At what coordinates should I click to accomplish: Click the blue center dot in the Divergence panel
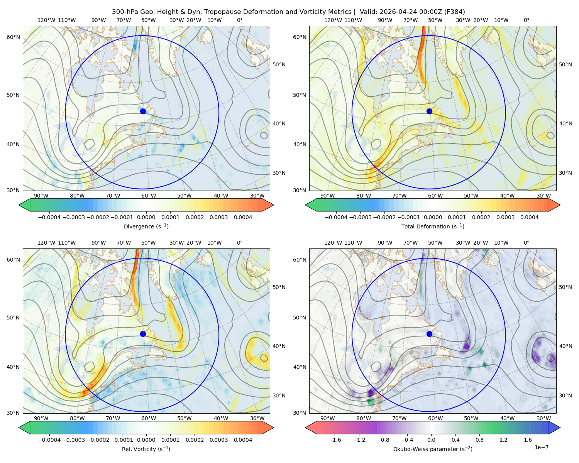pos(143,111)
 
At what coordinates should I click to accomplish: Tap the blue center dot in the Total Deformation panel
pos(429,111)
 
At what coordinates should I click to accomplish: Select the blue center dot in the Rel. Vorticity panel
pos(143,334)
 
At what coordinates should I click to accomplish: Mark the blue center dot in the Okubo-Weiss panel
pos(429,334)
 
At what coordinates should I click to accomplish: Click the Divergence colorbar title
pos(146,226)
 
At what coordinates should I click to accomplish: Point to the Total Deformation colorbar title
pos(433,226)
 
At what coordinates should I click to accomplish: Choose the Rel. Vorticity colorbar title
pos(146,449)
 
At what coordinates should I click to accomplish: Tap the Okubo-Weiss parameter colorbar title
pos(433,449)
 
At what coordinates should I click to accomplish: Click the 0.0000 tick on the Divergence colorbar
pos(146,217)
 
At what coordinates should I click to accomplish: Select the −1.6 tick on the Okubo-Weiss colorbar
pos(335,440)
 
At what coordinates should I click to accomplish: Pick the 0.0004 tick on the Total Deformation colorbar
pos(530,217)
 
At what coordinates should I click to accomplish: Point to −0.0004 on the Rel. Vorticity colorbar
pos(49,440)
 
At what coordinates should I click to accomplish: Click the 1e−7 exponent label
pos(541,447)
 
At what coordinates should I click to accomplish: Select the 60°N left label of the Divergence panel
pos(13,37)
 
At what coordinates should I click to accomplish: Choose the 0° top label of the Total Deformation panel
pos(527,20)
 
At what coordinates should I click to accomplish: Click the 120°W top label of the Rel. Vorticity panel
pos(46,243)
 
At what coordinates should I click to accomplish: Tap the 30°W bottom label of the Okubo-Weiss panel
pos(544,418)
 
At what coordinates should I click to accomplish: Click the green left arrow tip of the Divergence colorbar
pos(19,205)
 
